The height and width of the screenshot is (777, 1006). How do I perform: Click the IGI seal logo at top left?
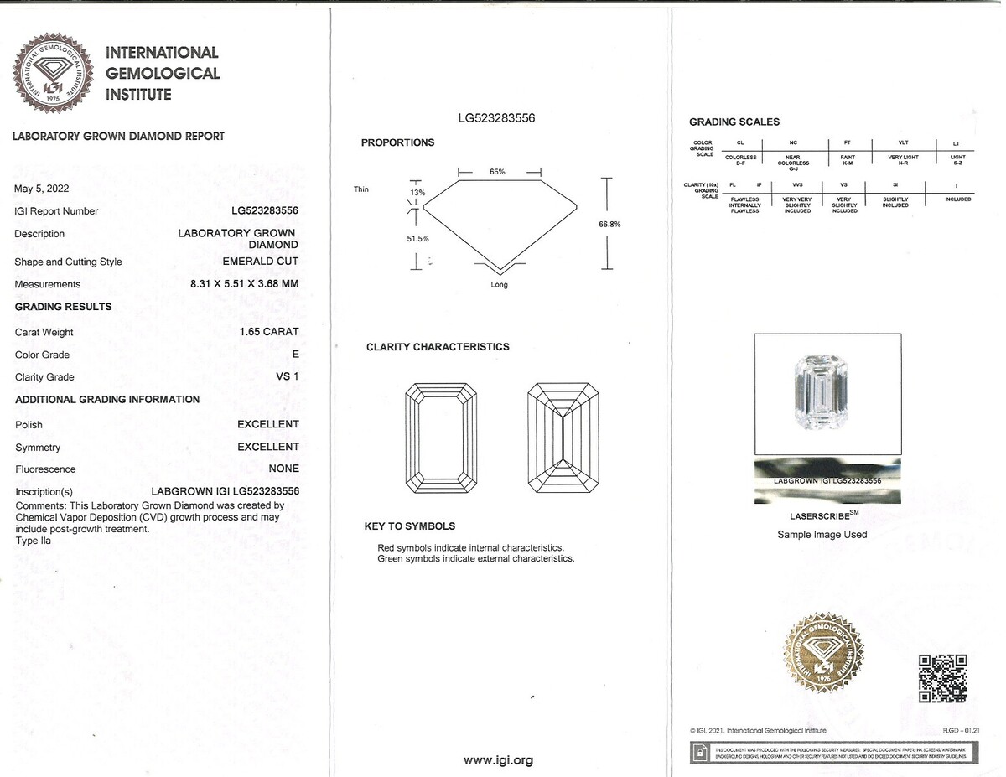coord(52,74)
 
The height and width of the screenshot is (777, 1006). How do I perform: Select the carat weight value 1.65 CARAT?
coord(269,332)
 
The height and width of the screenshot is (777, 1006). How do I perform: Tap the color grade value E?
coord(294,355)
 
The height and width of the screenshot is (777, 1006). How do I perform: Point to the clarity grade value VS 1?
coord(288,377)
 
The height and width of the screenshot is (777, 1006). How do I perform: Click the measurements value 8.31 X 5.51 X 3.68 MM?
coord(245,284)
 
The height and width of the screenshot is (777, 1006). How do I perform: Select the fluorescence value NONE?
coord(283,469)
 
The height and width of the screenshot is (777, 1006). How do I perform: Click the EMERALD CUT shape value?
coord(261,262)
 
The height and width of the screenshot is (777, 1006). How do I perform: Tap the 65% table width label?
coord(497,172)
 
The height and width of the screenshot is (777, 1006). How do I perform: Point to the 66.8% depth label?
coord(609,224)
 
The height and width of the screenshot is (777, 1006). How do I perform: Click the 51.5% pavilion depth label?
coord(417,239)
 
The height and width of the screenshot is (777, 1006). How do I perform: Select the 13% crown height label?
coord(417,193)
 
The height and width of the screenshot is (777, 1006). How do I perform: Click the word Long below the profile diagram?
coord(499,285)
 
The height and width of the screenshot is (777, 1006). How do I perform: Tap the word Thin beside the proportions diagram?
coord(361,189)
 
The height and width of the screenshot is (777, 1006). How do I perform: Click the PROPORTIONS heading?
coord(397,142)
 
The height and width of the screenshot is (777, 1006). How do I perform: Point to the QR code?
coord(943,677)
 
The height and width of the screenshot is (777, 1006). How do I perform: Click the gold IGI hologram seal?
coord(823,651)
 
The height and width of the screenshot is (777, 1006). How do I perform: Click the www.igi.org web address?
coord(498,760)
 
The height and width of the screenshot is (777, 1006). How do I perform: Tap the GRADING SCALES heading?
coord(734,122)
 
